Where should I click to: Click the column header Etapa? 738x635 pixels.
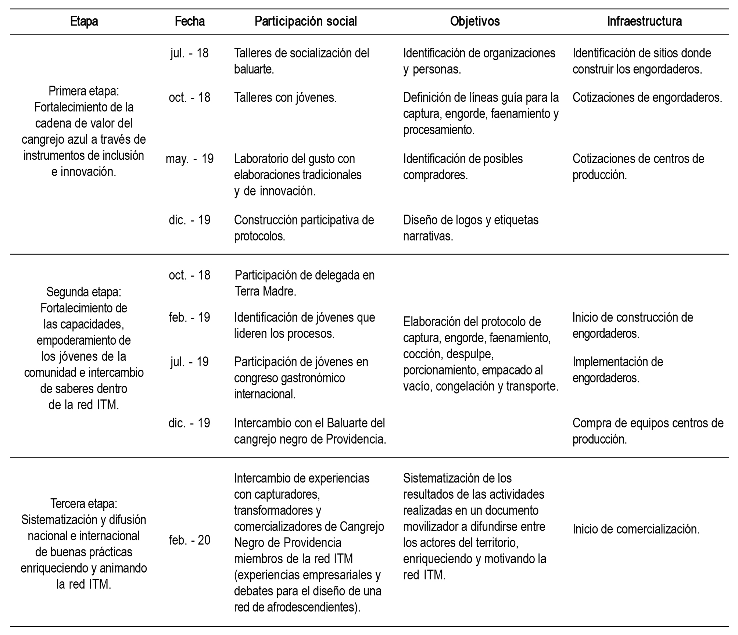coord(84,21)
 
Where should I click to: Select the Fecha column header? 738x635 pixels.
coord(190,21)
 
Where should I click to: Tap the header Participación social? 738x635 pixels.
coord(306,21)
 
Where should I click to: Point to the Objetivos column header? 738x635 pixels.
coord(475,21)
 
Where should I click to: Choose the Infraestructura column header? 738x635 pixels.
coord(644,21)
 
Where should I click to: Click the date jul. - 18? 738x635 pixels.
coord(190,53)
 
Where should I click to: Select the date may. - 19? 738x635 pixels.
coord(190,159)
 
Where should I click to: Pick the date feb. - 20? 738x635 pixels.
coord(190,540)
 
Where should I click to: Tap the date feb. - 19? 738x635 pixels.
coord(190,317)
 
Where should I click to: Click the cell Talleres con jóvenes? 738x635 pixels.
coord(285,98)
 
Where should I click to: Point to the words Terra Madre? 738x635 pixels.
coord(265,291)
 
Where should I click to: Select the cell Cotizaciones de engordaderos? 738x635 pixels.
coord(647,98)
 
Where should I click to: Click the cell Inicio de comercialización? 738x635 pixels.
coord(636,529)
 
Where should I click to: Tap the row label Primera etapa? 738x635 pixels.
coord(84,91)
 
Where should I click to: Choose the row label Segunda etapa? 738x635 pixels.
coord(84,292)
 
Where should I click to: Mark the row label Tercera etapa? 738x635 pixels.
coord(84,503)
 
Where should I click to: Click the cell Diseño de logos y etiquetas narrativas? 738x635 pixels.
coord(470,228)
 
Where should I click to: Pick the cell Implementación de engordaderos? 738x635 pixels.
coord(617,370)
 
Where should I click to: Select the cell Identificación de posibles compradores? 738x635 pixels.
coord(463,167)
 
